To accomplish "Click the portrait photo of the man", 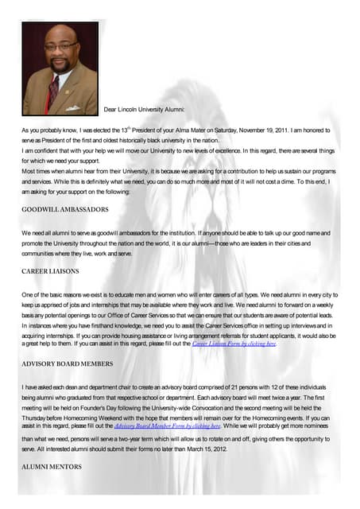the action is pyautogui.click(x=60, y=68).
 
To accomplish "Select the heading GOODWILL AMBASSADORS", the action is pyautogui.click(x=64, y=209).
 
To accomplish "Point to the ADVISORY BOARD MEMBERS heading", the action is pyautogui.click(x=68, y=363).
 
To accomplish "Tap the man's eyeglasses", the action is pyautogui.click(x=60, y=47).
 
